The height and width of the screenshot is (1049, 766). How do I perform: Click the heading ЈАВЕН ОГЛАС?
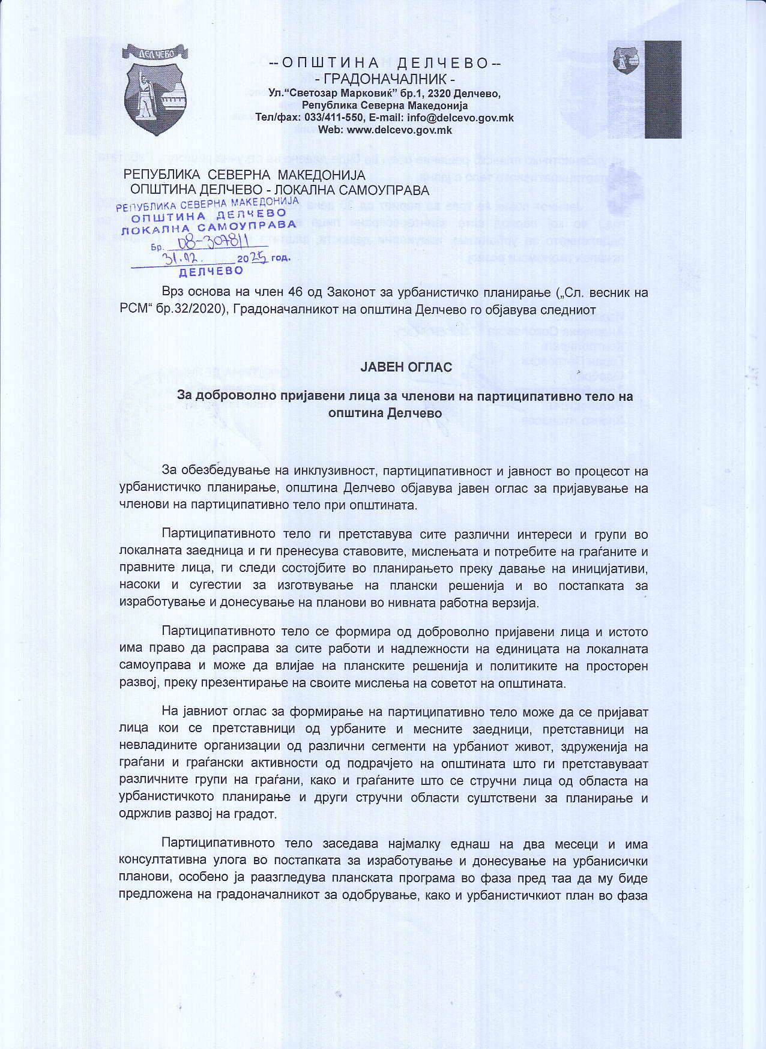(406, 366)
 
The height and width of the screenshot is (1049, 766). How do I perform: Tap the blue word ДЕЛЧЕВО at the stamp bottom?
(212, 271)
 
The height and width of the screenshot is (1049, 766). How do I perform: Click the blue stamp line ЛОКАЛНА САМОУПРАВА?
(208, 227)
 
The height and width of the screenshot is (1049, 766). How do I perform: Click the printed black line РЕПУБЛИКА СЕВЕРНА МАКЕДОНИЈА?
(244, 175)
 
